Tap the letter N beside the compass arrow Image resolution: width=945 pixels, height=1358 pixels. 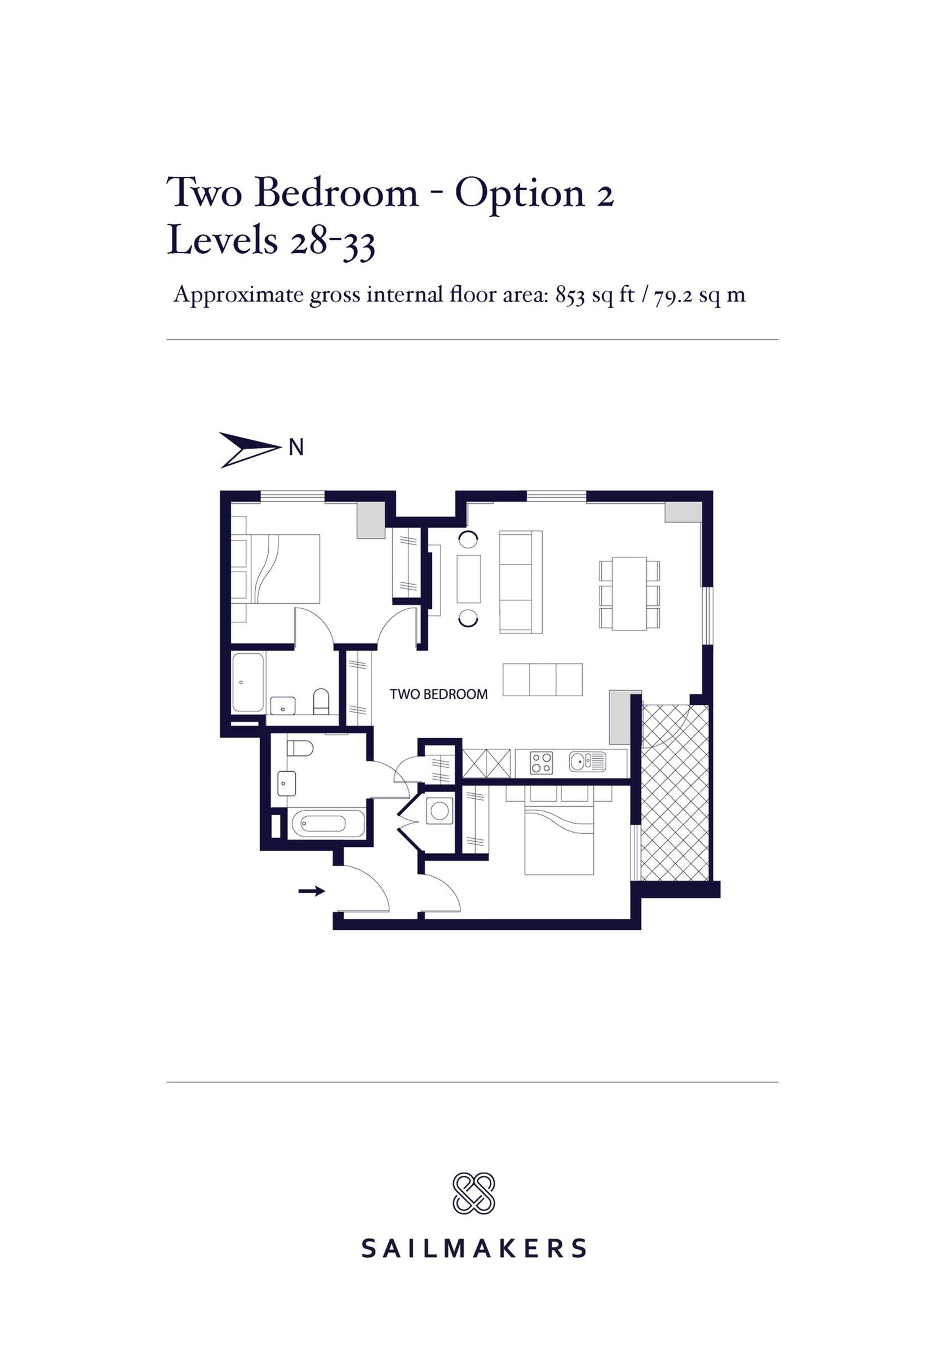pyautogui.click(x=296, y=448)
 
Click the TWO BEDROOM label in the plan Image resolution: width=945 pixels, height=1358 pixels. pyautogui.click(x=438, y=694)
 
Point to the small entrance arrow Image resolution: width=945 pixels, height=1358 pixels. pyautogui.click(x=311, y=891)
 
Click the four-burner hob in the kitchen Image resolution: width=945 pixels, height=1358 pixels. pyautogui.click(x=541, y=762)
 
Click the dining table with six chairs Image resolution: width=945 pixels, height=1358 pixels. pyautogui.click(x=629, y=593)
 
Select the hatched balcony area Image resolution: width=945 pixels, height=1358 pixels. pyautogui.click(x=675, y=792)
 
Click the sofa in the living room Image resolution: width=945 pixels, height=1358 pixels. pyautogui.click(x=521, y=581)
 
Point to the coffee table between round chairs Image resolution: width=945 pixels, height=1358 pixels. pyautogui.click(x=468, y=578)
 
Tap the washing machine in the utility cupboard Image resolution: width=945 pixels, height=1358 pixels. pyautogui.click(x=439, y=810)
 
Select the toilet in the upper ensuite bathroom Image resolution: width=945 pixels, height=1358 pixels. pyautogui.click(x=321, y=701)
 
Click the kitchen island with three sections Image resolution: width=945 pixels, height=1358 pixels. pyautogui.click(x=542, y=679)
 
